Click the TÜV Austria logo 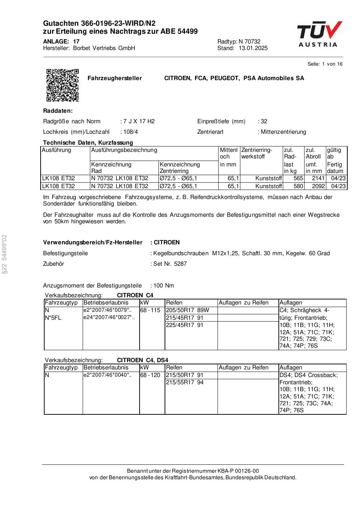(319, 34)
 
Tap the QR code (62, 85)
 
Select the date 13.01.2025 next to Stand (253, 48)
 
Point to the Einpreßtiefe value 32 (264, 121)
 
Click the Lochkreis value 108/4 (131, 132)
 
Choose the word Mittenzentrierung (283, 132)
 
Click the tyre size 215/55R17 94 (185, 382)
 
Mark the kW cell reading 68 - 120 (150, 375)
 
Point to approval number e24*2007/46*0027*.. (109, 318)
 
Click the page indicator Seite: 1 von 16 (325, 64)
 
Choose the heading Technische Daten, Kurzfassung (88, 143)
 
